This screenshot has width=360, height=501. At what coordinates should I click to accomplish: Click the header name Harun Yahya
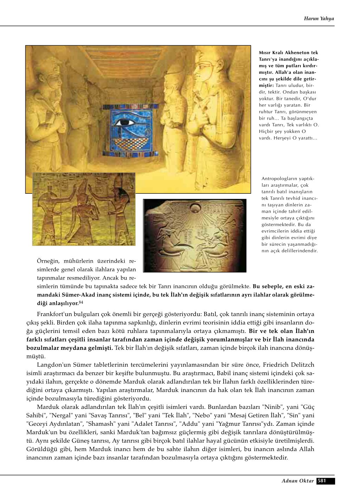(x=319, y=19)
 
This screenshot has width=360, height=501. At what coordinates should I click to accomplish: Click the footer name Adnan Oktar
(x=297, y=481)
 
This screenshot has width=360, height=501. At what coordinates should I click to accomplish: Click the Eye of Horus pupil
(x=123, y=123)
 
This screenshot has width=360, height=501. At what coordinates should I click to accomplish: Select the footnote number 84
(x=81, y=302)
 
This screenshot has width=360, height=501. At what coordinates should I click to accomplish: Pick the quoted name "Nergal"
(x=60, y=415)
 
